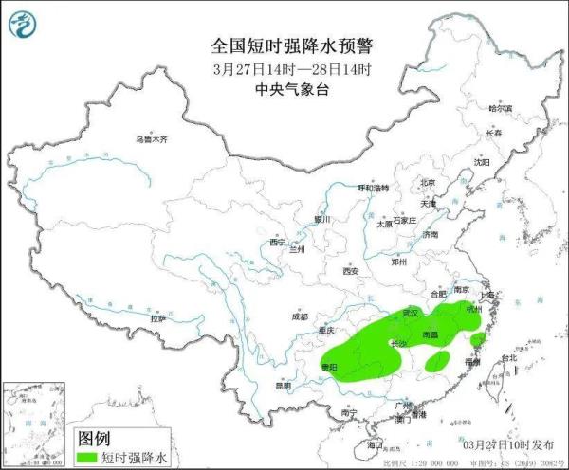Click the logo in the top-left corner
click(26, 24)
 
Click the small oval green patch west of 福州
click(437, 361)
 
